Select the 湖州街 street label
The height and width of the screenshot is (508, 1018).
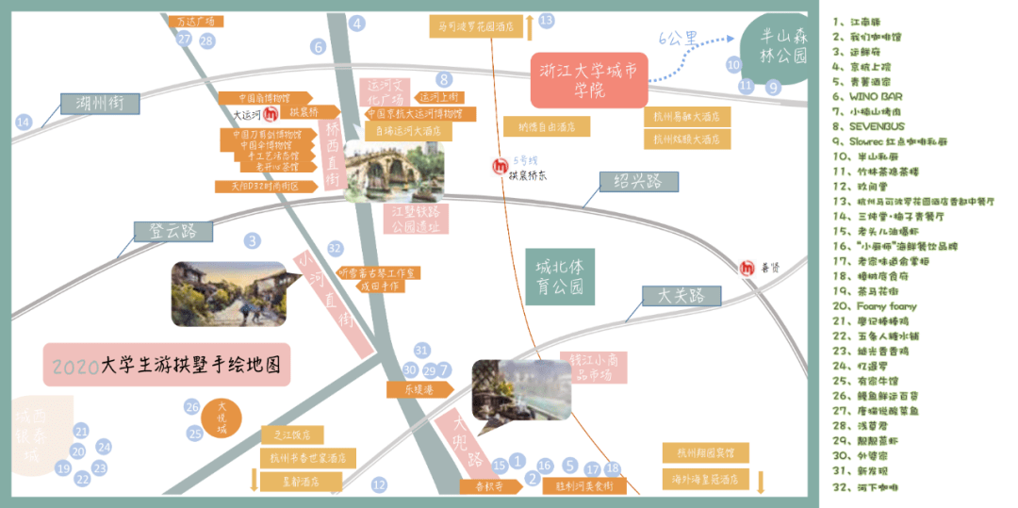pyautogui.click(x=100, y=105)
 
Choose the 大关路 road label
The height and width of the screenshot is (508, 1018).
pyautogui.click(x=681, y=297)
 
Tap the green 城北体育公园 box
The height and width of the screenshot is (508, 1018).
pyautogui.click(x=560, y=274)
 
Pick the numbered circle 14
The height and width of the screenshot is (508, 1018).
pyautogui.click(x=24, y=121)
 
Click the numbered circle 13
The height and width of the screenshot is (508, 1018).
pyautogui.click(x=547, y=20)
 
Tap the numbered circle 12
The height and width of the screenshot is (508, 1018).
pyautogui.click(x=379, y=485)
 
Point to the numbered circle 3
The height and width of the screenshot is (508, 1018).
pyautogui.click(x=252, y=240)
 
